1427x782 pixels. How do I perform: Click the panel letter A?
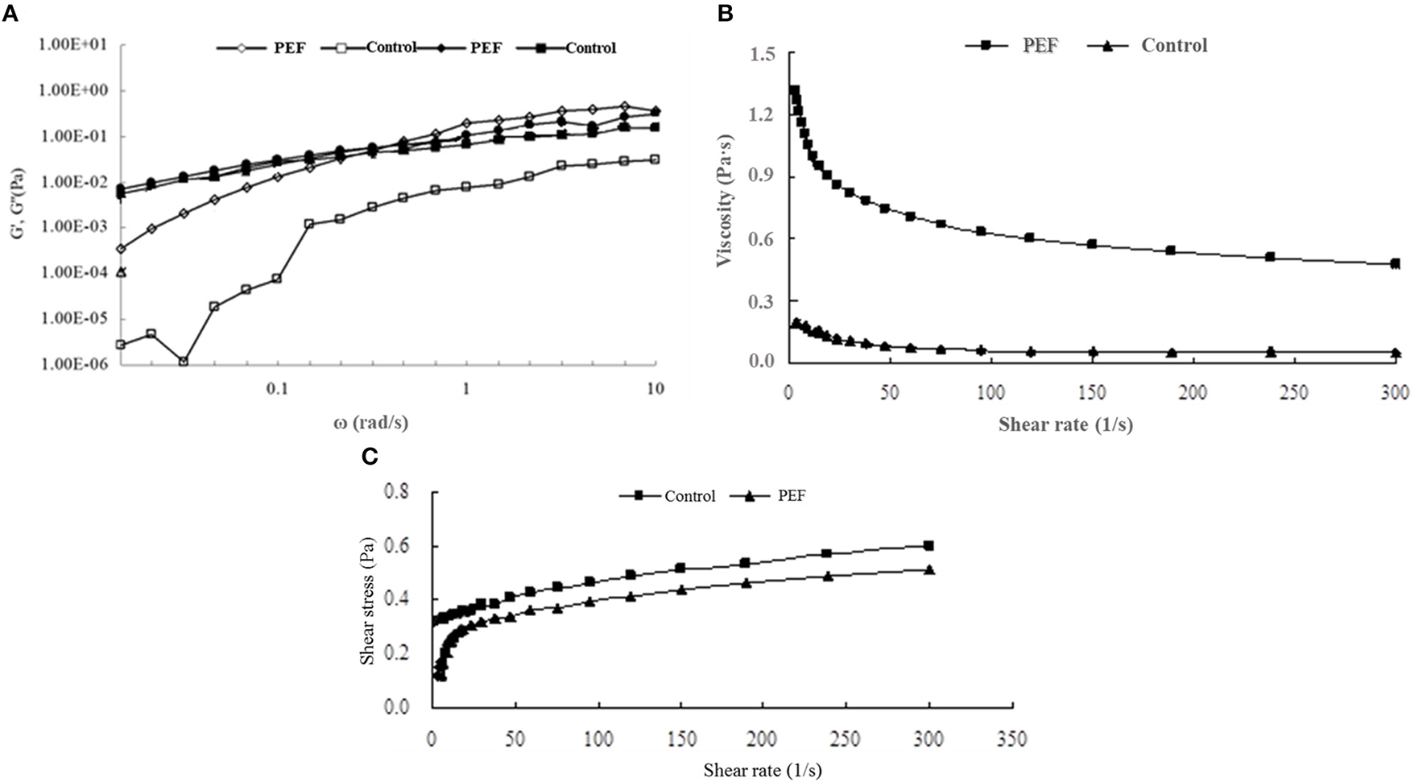point(10,13)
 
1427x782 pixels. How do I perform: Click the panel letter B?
point(725,13)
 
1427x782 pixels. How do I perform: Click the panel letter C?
point(370,457)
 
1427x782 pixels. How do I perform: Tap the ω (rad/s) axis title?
point(370,422)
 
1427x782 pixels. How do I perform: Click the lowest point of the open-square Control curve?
point(184,362)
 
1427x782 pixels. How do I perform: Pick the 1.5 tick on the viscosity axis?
point(762,54)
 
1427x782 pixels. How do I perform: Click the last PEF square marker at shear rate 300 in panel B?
point(1395,263)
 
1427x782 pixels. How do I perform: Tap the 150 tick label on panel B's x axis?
point(1091,392)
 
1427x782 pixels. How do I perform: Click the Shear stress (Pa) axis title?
point(368,600)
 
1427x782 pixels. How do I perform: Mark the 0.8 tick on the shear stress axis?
point(397,491)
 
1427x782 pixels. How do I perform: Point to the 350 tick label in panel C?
point(1011,739)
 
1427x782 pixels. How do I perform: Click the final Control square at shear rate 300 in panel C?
point(929,545)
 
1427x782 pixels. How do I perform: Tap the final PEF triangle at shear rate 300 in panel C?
point(929,569)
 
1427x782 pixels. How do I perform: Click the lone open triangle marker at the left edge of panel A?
point(121,272)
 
